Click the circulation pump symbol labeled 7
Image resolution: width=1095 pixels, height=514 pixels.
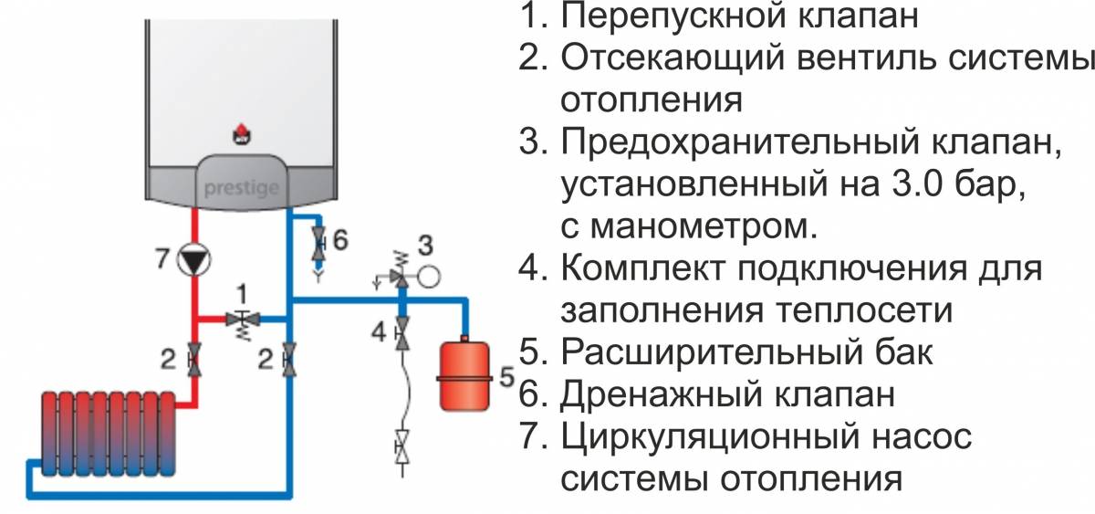193,259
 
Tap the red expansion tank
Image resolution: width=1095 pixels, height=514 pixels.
464,373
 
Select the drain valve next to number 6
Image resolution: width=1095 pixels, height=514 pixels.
319,243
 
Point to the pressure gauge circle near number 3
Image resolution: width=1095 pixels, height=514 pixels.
429,277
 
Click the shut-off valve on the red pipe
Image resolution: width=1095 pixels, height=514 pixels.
194,360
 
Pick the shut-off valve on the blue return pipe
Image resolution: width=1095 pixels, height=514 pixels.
289,360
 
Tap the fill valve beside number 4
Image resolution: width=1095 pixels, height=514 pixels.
401,333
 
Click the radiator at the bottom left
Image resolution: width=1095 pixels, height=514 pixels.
108,434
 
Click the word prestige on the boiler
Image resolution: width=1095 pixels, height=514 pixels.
242,188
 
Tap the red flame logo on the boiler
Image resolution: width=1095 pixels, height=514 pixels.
242,133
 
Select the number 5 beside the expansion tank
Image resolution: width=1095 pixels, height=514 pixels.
507,376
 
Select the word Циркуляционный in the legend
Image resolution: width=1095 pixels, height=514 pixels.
710,437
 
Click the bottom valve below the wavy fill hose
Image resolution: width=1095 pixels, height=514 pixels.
401,446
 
